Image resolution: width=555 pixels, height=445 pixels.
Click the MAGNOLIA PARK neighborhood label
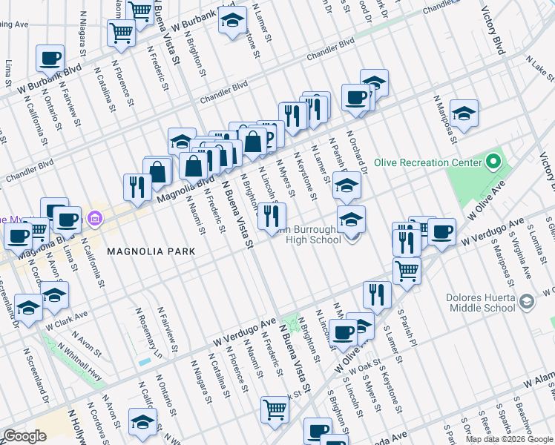[151, 251]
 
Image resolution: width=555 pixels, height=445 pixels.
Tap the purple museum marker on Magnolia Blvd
[94, 219]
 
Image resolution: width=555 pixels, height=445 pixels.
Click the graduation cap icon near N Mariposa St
[464, 113]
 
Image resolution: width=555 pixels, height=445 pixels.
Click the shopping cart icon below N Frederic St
[275, 409]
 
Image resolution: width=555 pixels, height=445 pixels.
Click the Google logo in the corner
[24, 436]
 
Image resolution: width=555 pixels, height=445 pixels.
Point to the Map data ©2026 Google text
[509, 439]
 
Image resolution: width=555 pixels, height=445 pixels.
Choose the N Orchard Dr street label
[359, 151]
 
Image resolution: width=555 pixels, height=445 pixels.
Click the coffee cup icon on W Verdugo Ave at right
[441, 231]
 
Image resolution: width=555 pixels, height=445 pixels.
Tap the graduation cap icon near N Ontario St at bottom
[142, 421]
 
